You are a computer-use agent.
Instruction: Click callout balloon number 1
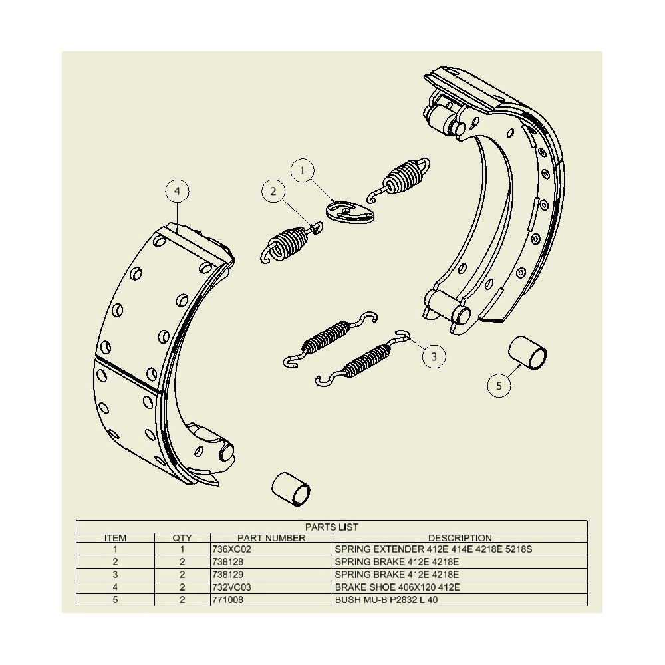coord(303,170)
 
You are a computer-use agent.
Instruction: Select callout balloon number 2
coord(273,191)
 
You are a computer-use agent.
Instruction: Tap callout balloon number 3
coord(434,356)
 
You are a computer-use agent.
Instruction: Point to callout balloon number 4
coord(178,191)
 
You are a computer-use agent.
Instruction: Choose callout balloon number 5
coord(499,386)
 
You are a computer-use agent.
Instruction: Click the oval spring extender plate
coord(350,212)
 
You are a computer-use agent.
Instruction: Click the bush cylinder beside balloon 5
coord(527,354)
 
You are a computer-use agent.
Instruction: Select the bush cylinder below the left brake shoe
coord(291,489)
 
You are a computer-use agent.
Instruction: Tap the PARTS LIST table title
coord(332,527)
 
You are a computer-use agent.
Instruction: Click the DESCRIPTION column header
coord(460,538)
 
